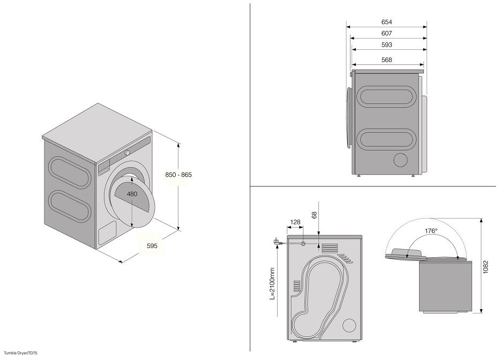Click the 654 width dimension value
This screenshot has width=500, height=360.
pos(386,22)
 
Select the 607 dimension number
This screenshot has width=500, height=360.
pos(386,33)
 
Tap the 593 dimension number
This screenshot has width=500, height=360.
pos(386,44)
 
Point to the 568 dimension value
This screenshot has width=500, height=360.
pos(386,59)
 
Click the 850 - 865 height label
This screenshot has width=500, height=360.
pos(178,175)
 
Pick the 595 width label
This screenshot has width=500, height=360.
pos(152,245)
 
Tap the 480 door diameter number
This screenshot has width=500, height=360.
pos(132,194)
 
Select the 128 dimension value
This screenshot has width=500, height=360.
pos(295,222)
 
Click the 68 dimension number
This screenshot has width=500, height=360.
pos(315,215)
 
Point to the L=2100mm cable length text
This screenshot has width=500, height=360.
pos(272,283)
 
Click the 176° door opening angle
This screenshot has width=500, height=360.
pos(431,230)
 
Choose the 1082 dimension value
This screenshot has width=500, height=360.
pos(486,267)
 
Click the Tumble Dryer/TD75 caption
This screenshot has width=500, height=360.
pos(21,353)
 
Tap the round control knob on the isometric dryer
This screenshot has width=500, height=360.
pos(127,153)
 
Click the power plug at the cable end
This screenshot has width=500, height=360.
pos(275,242)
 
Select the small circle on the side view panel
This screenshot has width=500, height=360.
pos(400,160)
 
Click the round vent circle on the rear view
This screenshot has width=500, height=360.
pos(349,326)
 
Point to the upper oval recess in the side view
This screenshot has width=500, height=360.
pos(386,96)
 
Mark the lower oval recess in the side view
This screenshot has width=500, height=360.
pos(386,140)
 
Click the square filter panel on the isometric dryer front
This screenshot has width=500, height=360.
pos(107,232)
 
